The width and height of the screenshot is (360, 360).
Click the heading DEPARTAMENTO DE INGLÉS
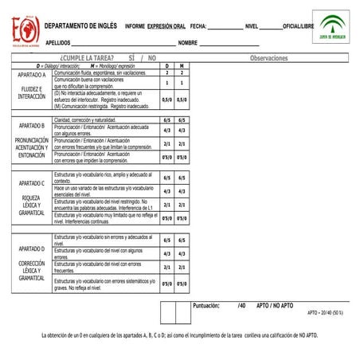tap(81, 25)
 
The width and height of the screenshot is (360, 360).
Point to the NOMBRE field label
tap(188, 42)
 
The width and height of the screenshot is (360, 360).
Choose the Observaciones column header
tap(273, 59)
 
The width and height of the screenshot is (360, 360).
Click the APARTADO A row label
tap(32, 75)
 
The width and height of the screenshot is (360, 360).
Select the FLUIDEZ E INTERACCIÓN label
tap(32, 92)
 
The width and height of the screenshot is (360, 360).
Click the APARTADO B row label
tap(32, 126)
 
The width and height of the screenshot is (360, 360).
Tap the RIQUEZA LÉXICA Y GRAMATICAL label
tap(32, 205)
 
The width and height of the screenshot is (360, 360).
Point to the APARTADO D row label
tap(32, 248)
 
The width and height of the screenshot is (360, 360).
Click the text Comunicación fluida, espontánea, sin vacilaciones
tap(100, 72)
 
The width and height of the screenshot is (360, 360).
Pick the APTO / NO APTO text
tap(275, 305)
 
